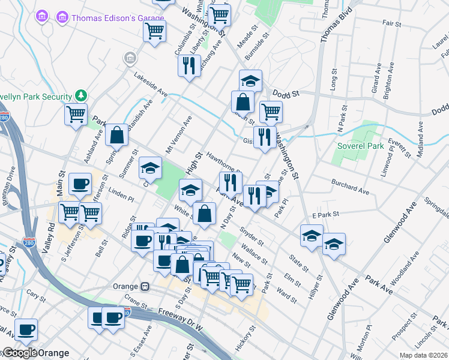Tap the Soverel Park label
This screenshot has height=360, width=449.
coord(359,146)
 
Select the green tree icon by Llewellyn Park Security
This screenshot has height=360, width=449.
coord(80,95)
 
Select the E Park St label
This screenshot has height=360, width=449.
coord(326,214)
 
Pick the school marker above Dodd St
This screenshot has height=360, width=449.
coord(250,80)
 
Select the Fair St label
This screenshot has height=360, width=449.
coord(391,23)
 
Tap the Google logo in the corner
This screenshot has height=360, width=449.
coord(20,353)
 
